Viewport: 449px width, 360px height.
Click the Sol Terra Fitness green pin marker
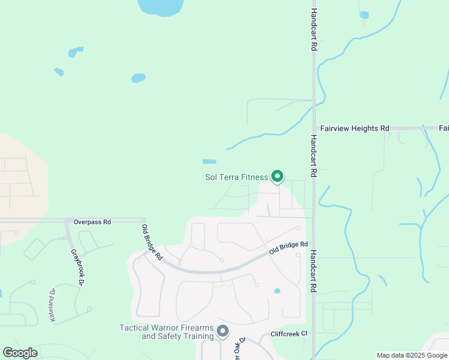point(277,176)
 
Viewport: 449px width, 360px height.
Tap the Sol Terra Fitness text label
point(237,177)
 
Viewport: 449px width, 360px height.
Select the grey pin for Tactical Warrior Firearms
point(223,331)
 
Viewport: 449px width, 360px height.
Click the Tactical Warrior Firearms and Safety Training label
point(167,331)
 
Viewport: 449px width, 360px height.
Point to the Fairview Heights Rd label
point(355,128)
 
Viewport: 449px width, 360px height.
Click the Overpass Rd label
point(92,221)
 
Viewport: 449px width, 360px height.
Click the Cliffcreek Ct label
point(289,333)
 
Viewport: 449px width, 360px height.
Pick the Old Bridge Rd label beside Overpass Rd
point(152,242)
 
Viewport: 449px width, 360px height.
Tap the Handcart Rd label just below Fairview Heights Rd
point(313,155)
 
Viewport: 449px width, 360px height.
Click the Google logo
point(20,353)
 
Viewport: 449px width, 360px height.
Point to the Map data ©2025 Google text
point(412,355)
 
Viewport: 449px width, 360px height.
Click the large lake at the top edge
point(160,6)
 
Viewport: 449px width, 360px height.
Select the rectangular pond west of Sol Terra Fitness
point(209,161)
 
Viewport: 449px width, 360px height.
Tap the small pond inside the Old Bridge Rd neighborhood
point(277,291)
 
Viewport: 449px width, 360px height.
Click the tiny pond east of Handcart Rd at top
point(364,15)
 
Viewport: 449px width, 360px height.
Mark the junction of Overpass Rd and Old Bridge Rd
point(145,220)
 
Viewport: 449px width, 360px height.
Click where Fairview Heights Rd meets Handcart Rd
point(314,128)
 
